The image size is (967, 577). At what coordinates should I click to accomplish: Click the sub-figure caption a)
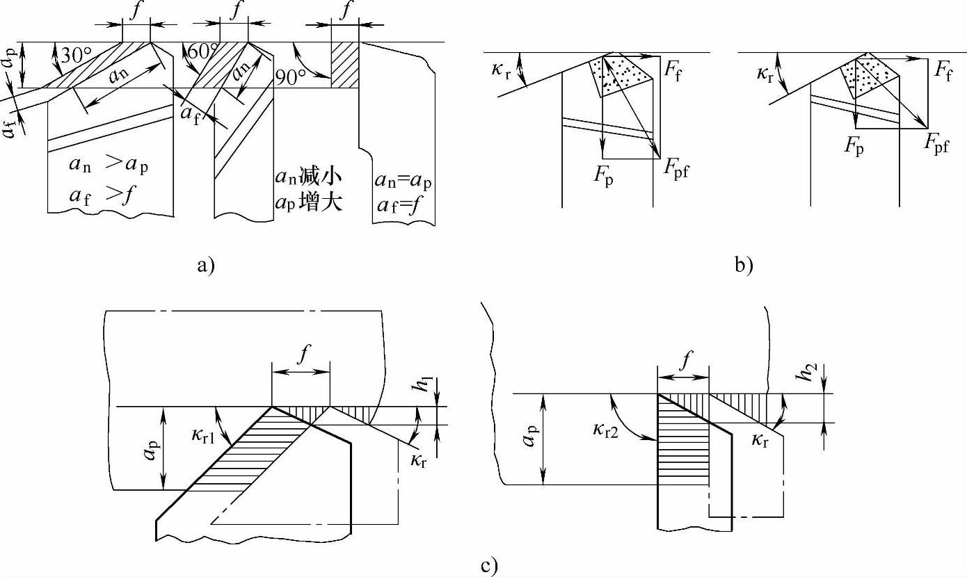(x=206, y=265)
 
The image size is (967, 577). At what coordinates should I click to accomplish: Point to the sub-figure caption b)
(x=744, y=265)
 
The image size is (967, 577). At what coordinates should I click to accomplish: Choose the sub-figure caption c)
(x=489, y=565)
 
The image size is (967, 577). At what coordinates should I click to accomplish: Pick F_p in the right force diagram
(x=854, y=146)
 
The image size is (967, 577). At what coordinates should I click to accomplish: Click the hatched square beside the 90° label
(x=345, y=65)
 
